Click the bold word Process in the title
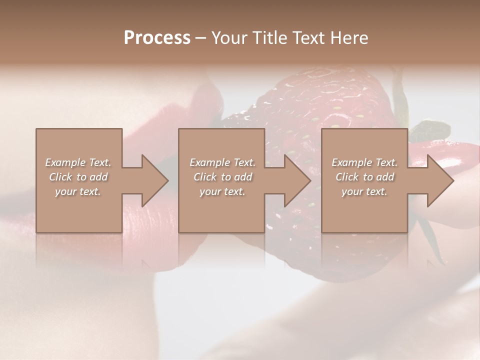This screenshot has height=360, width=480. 157,38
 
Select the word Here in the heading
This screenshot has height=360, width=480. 348,38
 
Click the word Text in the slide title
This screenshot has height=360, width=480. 308,38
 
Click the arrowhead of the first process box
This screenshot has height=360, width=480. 152,180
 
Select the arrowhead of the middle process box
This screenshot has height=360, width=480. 295,180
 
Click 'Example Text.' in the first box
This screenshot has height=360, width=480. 78,162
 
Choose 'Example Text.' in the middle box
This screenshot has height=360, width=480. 222,162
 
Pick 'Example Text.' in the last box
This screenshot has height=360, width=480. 364,162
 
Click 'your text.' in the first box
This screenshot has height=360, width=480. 78,192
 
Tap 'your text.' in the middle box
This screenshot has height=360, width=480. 222,192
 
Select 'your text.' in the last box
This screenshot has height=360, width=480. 364,192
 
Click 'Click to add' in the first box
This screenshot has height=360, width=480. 78,177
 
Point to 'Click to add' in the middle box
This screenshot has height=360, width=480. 222,177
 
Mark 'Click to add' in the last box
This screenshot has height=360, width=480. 364,177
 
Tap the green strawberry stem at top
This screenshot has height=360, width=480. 400,90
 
